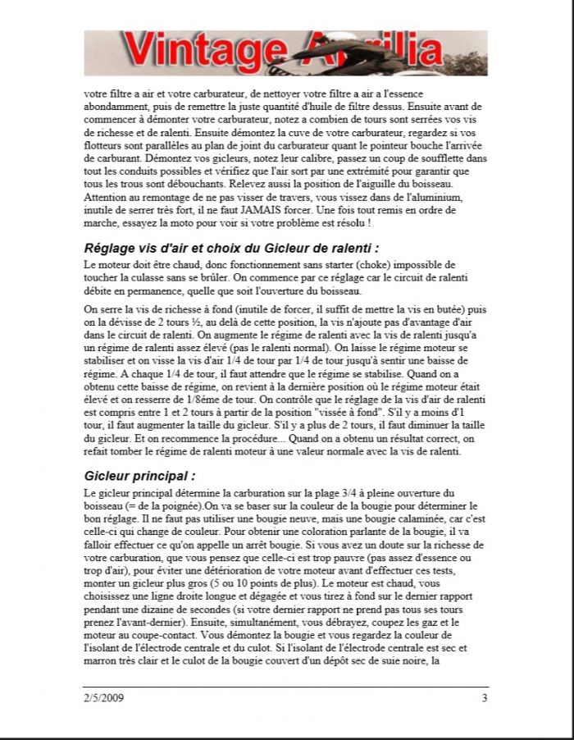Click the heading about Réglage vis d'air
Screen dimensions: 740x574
click(231, 248)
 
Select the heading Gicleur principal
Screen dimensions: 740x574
click(140, 476)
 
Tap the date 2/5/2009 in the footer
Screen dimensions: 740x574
click(103, 698)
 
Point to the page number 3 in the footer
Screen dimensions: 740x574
click(485, 698)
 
